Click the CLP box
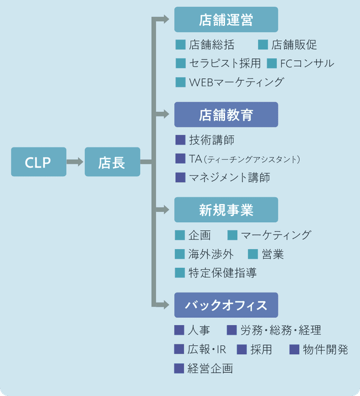click(x=38, y=163)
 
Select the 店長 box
click(x=112, y=163)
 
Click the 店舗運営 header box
click(x=226, y=20)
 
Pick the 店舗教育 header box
click(x=226, y=115)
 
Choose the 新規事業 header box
click(x=226, y=210)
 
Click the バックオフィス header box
click(x=226, y=305)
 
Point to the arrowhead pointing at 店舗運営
click(x=164, y=20)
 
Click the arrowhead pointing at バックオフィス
click(x=164, y=305)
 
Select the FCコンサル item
click(x=307, y=63)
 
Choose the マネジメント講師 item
click(x=229, y=178)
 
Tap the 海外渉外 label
click(x=211, y=254)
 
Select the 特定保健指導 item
click(x=223, y=273)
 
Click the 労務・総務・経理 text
click(x=281, y=331)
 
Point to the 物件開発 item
click(x=325, y=350)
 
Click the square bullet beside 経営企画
click(x=179, y=369)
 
